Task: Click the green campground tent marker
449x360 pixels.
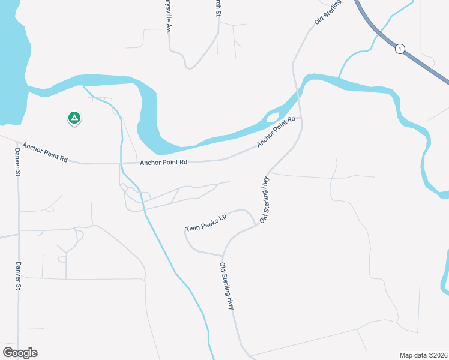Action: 74,118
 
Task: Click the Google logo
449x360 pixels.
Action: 20,353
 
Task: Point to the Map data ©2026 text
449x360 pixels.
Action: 423,355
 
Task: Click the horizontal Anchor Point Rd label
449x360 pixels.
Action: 163,162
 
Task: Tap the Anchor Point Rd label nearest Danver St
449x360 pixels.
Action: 45,153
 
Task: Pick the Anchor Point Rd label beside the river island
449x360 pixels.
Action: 277,132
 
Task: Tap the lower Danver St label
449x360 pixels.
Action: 18,277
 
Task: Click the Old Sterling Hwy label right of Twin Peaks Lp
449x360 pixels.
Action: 264,200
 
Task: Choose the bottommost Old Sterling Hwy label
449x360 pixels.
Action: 226,286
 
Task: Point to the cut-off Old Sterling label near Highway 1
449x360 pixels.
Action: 328,12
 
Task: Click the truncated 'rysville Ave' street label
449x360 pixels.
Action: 168,17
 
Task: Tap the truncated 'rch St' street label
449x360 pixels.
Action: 218,8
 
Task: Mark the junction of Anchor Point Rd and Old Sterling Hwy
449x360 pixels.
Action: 300,119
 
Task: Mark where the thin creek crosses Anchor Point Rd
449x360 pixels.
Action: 121,163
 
